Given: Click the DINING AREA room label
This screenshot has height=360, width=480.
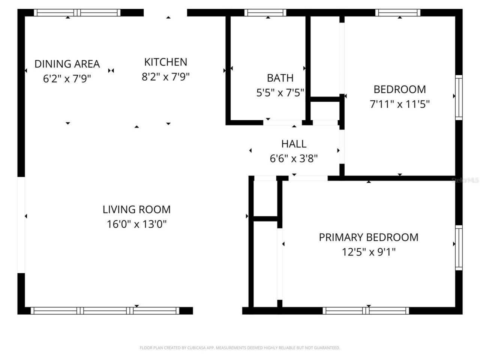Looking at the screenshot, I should pyautogui.click(x=67, y=64).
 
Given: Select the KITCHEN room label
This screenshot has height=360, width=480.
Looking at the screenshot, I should pyautogui.click(x=165, y=62).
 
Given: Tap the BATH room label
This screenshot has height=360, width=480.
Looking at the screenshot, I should pyautogui.click(x=280, y=78).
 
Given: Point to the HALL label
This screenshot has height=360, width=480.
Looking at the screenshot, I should pyautogui.click(x=294, y=144).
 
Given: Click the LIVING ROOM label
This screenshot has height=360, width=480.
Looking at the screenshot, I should pyautogui.click(x=136, y=209).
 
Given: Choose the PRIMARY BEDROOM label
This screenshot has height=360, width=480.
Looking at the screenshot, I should pyautogui.click(x=368, y=237).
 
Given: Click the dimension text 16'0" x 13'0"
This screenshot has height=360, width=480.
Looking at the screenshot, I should pyautogui.click(x=136, y=224).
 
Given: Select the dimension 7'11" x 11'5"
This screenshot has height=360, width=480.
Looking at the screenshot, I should pyautogui.click(x=399, y=104).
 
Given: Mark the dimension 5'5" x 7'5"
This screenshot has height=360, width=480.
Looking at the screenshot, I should pyautogui.click(x=280, y=93).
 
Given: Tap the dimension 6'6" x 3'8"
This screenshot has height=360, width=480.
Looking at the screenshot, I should pyautogui.click(x=294, y=159).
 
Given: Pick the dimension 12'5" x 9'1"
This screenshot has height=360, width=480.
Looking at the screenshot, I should pyautogui.click(x=368, y=252).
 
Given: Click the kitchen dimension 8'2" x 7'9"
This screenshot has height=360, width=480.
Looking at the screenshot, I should pyautogui.click(x=165, y=77).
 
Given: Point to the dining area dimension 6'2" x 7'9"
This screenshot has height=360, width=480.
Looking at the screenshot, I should pyautogui.click(x=67, y=79).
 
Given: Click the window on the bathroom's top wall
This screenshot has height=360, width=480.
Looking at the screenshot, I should pyautogui.click(x=265, y=13).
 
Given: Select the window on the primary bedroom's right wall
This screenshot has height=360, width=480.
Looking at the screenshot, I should pyautogui.click(x=459, y=247).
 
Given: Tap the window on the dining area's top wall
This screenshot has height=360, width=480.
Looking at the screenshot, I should pyautogui.click(x=78, y=13).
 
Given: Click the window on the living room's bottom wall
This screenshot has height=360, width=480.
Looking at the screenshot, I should pyautogui.click(x=105, y=310).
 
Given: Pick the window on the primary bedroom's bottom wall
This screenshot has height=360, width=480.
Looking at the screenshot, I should pyautogui.click(x=366, y=310).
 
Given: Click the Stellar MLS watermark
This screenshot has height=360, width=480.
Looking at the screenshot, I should pyautogui.click(x=465, y=180).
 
